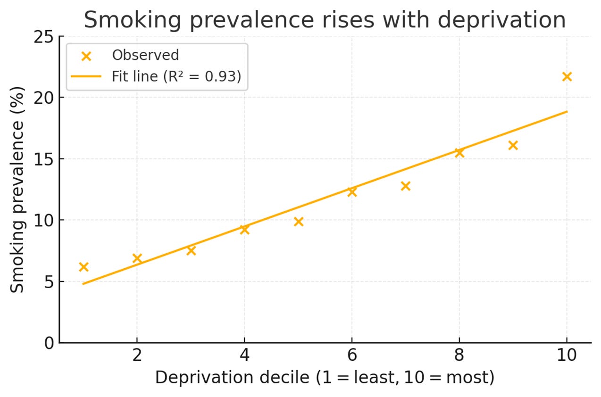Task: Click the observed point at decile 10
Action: (x=567, y=76)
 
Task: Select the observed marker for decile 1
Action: (x=83, y=267)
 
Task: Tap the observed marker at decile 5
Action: (x=298, y=222)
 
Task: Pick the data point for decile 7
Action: (x=405, y=186)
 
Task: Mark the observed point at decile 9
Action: (x=513, y=145)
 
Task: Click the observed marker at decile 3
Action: (x=191, y=250)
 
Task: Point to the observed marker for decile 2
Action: (x=137, y=258)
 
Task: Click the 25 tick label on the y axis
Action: (x=43, y=36)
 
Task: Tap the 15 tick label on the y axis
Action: (x=43, y=159)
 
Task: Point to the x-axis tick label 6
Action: (x=352, y=355)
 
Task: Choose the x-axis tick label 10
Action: (x=567, y=355)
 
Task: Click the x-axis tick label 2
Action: (x=137, y=355)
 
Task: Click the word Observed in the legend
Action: (x=145, y=55)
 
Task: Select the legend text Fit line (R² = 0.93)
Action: (x=176, y=76)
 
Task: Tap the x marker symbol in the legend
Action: (x=86, y=56)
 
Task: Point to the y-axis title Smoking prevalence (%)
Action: (x=17, y=189)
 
